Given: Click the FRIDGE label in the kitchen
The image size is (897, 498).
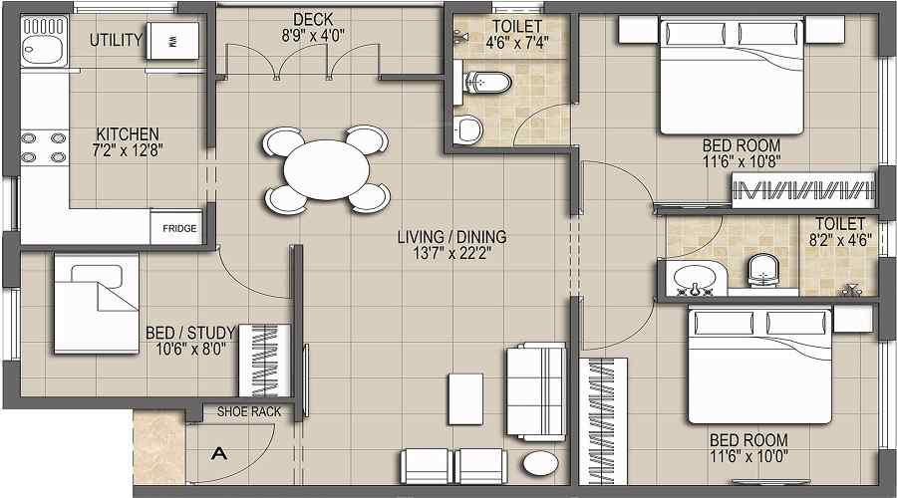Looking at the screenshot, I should (179, 229).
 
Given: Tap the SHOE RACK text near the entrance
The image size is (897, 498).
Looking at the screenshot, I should (242, 411).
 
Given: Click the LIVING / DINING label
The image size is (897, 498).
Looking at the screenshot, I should (451, 237).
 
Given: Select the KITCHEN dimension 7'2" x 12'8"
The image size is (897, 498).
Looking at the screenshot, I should (128, 151).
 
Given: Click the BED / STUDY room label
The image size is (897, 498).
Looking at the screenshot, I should (189, 332).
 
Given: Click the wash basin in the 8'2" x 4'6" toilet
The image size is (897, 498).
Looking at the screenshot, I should (694, 278).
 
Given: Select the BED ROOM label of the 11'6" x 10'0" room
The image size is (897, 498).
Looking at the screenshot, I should (748, 439).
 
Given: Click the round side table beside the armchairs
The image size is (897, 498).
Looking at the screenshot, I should (541, 465).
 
